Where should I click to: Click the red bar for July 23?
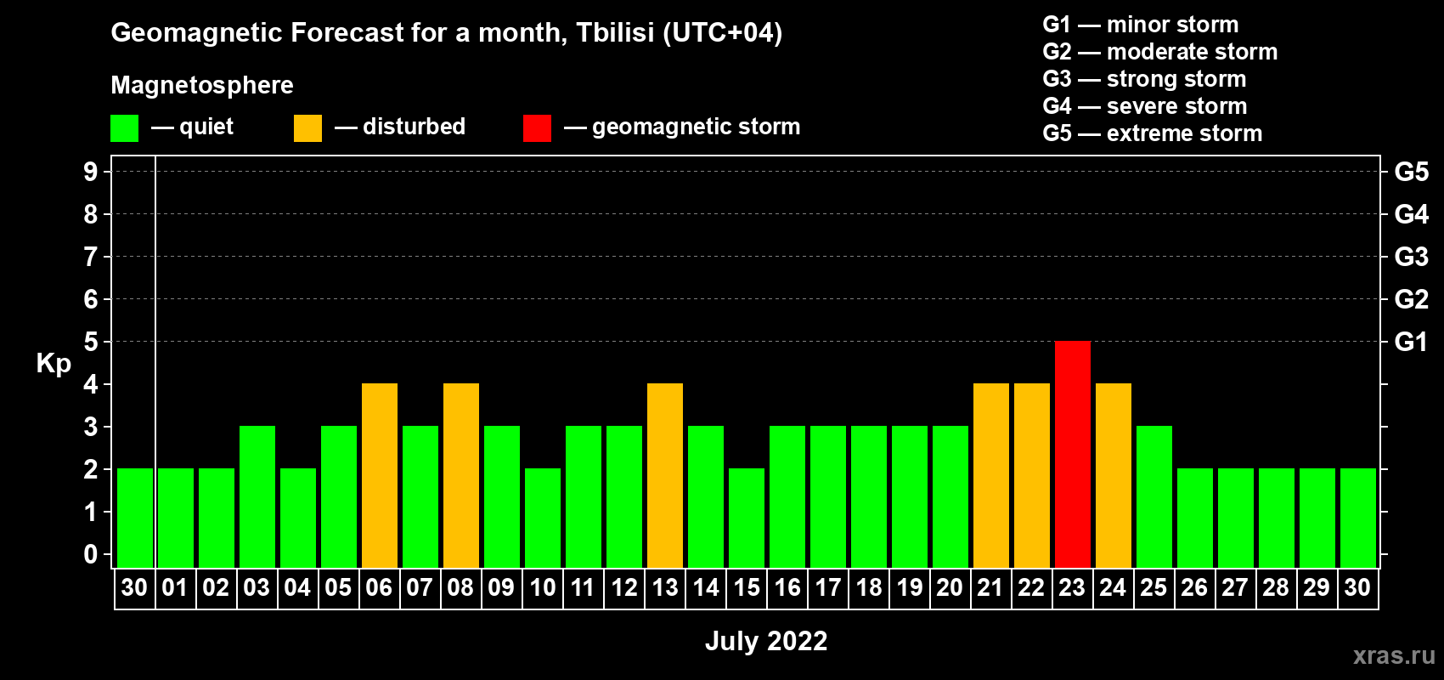point(1073,454)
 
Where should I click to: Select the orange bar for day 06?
point(380,475)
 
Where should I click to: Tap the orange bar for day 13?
point(665,475)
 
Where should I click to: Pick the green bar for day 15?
point(747,518)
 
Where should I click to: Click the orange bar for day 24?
point(1114,475)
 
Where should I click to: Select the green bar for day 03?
point(257,496)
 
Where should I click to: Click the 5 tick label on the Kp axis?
point(90,342)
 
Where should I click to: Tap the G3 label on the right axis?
point(1411,257)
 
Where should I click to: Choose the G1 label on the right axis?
point(1411,342)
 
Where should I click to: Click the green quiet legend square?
point(124,127)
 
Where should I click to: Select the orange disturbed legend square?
point(307,127)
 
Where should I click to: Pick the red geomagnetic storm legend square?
point(538,127)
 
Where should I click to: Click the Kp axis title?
point(54,363)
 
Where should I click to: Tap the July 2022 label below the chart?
point(766,641)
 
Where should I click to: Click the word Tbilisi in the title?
point(615,32)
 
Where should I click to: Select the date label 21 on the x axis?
point(990,587)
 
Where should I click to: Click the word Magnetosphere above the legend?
point(202,85)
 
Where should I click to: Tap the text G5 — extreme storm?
point(1153,133)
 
